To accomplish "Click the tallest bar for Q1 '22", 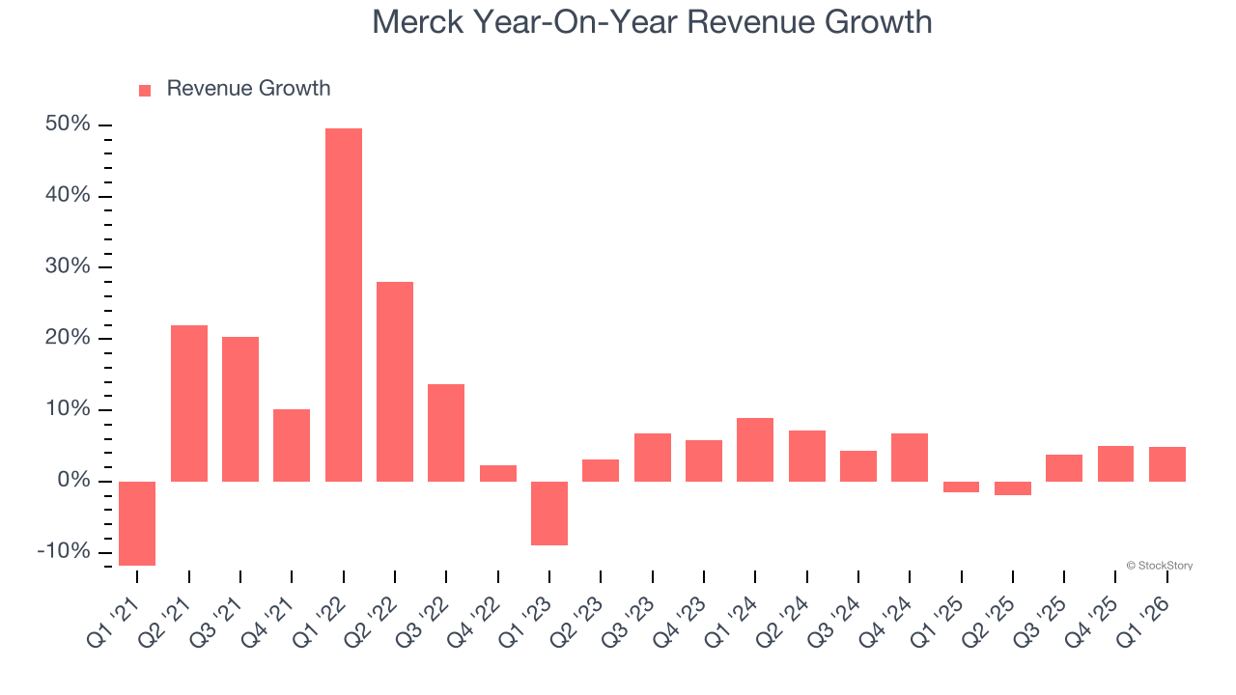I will pyautogui.click(x=343, y=305).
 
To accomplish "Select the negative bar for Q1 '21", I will pyautogui.click(x=137, y=523).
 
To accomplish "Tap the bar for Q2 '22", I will pyautogui.click(x=395, y=381).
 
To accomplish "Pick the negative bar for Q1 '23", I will pyautogui.click(x=549, y=514).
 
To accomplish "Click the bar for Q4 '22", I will pyautogui.click(x=498, y=473).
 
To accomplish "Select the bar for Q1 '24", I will pyautogui.click(x=755, y=450).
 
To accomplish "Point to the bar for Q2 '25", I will pyautogui.click(x=1013, y=488).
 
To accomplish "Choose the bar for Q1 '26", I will pyautogui.click(x=1167, y=464).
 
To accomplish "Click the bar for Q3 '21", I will pyautogui.click(x=240, y=409).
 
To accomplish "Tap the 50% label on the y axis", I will pyautogui.click(x=68, y=125).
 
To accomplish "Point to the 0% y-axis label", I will pyautogui.click(x=73, y=481).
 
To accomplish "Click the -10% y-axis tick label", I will pyautogui.click(x=64, y=552).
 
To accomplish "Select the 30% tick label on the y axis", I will pyautogui.click(x=68, y=267).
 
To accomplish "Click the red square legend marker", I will pyautogui.click(x=145, y=91).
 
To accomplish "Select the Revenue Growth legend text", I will pyautogui.click(x=248, y=89).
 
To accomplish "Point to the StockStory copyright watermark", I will pyautogui.click(x=1159, y=566).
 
